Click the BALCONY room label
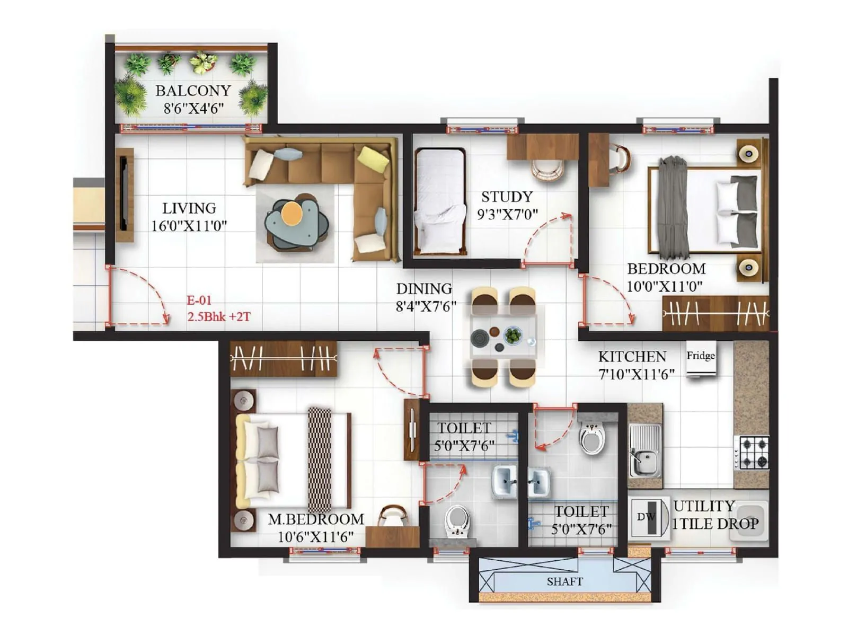pyautogui.click(x=193, y=91)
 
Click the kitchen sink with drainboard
pyautogui.click(x=644, y=450)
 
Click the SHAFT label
pyautogui.click(x=564, y=581)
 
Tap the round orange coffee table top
pyautogui.click(x=291, y=213)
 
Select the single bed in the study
pyautogui.click(x=440, y=201)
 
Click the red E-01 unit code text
pyautogui.click(x=199, y=301)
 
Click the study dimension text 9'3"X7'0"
pyautogui.click(x=507, y=215)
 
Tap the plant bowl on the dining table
pyautogui.click(x=513, y=335)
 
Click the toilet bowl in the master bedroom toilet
pyautogui.click(x=456, y=520)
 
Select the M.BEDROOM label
pyautogui.click(x=316, y=519)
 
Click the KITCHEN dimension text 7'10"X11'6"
pyautogui.click(x=636, y=374)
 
